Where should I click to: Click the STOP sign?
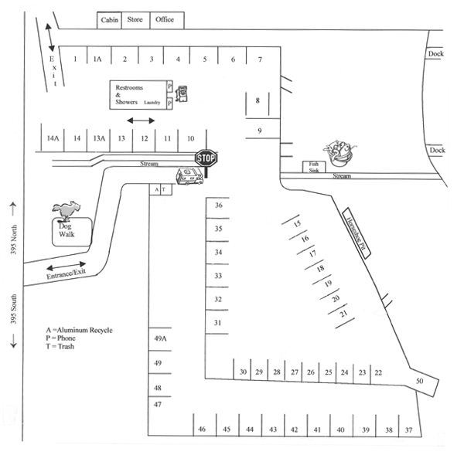pos(206,158)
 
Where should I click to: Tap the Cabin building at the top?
pos(109,19)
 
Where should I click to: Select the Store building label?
pos(135,19)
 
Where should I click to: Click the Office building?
pos(164,19)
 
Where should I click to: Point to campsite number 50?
pos(420,382)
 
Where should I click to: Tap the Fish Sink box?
pos(313,166)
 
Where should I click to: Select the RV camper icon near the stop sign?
pos(189,177)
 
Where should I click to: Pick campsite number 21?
pos(344,314)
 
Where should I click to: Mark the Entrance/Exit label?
pos(66,271)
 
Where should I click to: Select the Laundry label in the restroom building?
pos(152,101)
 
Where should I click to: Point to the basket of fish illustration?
pos(337,151)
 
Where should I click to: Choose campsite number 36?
pos(219,205)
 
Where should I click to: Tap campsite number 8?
pos(258,100)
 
